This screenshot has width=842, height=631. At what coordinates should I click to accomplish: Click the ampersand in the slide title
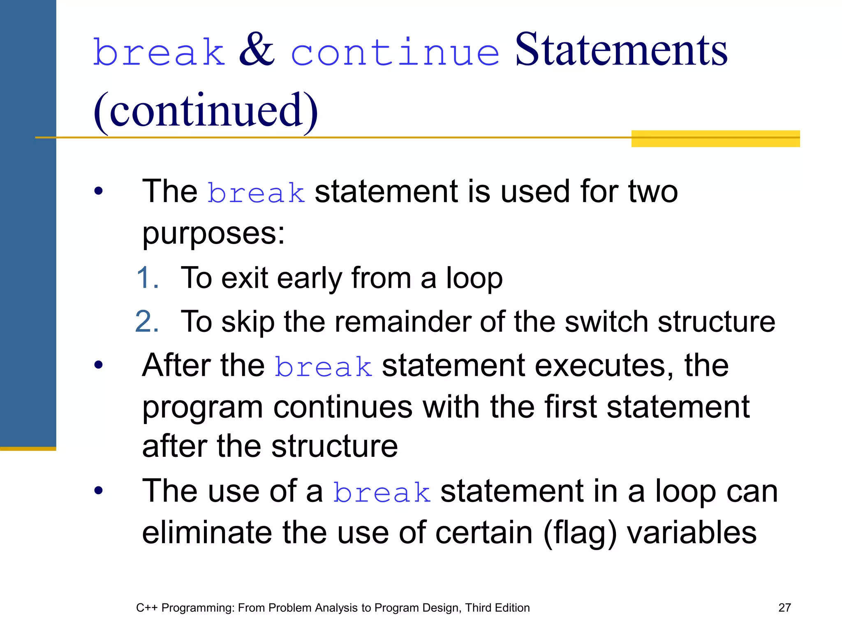[x=257, y=50]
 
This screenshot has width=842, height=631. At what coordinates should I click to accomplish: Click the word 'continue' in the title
[x=395, y=53]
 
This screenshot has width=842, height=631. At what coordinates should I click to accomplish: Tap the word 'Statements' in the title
[x=621, y=50]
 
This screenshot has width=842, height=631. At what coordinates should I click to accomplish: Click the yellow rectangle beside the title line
[x=715, y=139]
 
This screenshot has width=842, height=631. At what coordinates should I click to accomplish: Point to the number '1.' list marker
[x=147, y=278]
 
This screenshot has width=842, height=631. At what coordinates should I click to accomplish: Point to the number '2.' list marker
[x=147, y=322]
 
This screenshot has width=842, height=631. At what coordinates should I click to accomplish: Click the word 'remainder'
[x=402, y=322]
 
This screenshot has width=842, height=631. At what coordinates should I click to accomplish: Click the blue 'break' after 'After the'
[x=323, y=366]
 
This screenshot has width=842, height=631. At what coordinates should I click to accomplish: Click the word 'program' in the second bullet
[x=203, y=409]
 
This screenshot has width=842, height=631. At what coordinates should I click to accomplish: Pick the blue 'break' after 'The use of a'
[x=382, y=492]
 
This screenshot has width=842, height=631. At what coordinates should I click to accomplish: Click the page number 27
[x=784, y=608]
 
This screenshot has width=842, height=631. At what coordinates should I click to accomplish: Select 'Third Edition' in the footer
[x=497, y=608]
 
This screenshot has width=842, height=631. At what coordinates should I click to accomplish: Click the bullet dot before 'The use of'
[x=98, y=491]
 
